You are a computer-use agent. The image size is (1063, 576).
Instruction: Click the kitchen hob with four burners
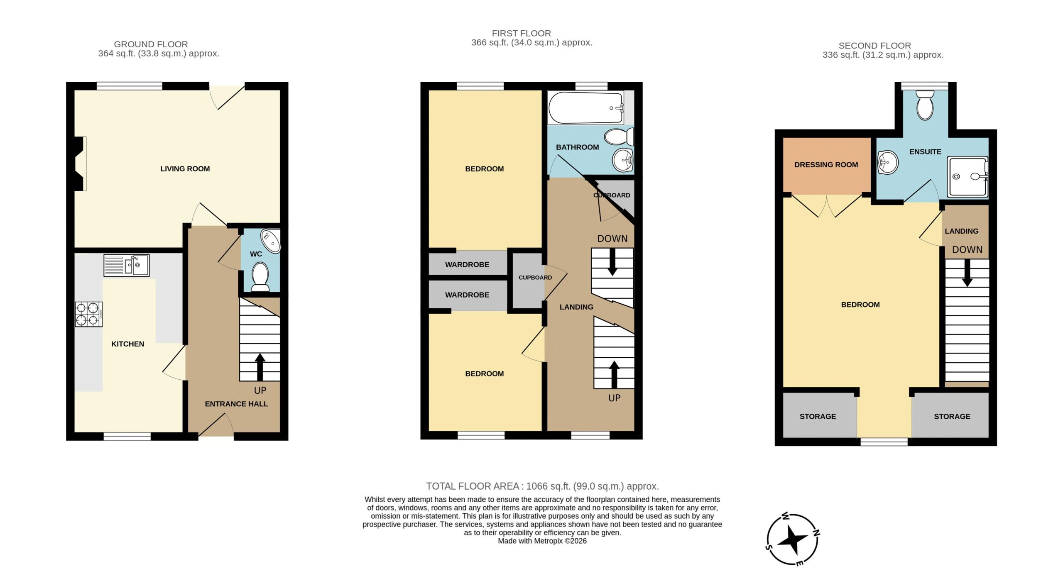tap(89, 314)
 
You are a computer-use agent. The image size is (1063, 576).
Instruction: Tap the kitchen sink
tap(127, 265)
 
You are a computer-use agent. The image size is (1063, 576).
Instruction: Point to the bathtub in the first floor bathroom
tap(586, 107)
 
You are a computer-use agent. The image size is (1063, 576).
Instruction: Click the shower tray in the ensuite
tap(967, 177)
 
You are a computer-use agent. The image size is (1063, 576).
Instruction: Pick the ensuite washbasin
tap(888, 162)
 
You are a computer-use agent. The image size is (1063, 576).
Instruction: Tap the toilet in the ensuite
tap(925, 105)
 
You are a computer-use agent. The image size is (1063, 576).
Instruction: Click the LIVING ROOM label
tap(185, 169)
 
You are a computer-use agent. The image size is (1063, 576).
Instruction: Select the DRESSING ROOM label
tap(826, 165)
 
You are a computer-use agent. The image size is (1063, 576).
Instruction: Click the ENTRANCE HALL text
tap(236, 404)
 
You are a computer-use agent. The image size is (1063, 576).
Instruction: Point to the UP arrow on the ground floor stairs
tap(260, 367)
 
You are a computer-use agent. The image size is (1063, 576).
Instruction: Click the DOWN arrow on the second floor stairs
tap(967, 273)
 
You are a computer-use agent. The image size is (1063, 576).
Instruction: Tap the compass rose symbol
tap(793, 539)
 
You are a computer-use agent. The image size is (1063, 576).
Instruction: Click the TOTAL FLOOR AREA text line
tap(542, 486)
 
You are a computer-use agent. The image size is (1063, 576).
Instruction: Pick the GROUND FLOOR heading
tap(151, 44)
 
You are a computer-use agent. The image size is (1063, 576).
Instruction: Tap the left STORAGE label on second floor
tap(818, 416)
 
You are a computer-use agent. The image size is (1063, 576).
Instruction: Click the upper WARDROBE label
tap(467, 264)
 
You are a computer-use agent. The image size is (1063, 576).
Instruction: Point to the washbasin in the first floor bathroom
tap(623, 160)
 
